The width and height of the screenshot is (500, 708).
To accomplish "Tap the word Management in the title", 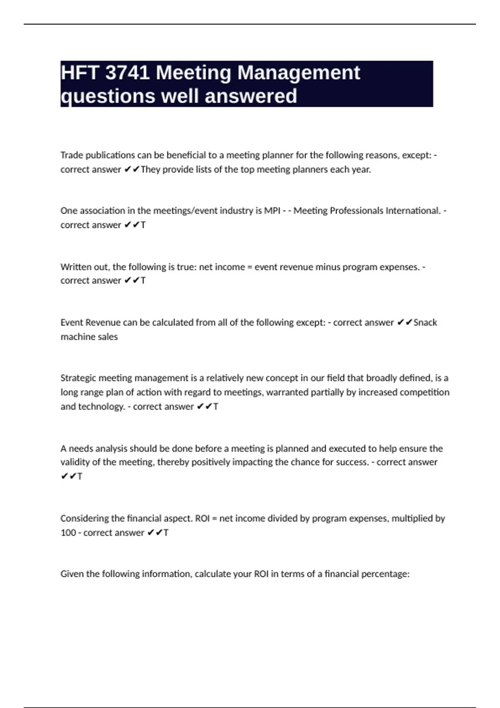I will tap(299, 73).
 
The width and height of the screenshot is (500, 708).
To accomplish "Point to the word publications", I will tap(110, 155).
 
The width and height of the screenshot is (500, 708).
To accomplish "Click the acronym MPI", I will tap(272, 211).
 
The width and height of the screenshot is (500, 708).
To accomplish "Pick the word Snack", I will tap(425, 322).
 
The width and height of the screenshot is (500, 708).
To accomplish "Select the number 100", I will tap(68, 533).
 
